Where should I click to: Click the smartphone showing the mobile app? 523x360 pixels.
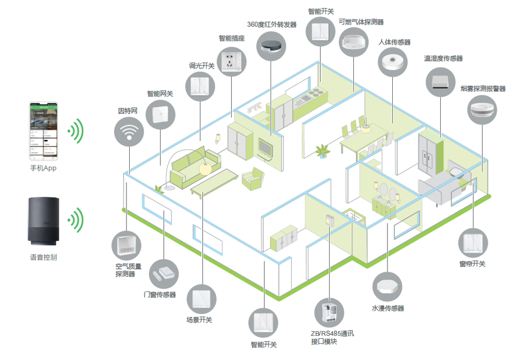point(43,131)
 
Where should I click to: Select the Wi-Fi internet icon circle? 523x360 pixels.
point(129,130)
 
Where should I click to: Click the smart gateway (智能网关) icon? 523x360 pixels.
point(160,113)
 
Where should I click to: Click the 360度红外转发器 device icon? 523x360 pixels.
point(271,45)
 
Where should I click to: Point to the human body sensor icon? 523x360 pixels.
point(393,62)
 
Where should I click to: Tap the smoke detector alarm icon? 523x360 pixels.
point(482,109)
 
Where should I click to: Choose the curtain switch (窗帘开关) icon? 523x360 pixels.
point(473,243)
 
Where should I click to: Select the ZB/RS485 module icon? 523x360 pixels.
point(329,311)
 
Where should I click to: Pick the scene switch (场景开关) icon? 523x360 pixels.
point(201,299)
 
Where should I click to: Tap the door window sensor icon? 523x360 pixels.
point(163,274)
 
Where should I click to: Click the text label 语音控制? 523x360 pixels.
point(43,257)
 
